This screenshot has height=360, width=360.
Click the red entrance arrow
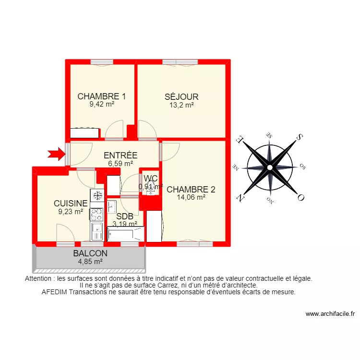pyautogui.click(x=56, y=154)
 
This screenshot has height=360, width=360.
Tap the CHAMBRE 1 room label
pyautogui.click(x=102, y=96)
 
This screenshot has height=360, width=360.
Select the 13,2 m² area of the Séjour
pyautogui.click(x=181, y=105)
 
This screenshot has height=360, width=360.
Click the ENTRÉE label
pyautogui.click(x=120, y=156)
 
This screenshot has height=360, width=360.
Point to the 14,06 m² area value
pyautogui.click(x=191, y=197)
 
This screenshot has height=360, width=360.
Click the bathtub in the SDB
pyautogui.click(x=126, y=234)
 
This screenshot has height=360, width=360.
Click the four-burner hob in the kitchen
pyautogui.click(x=97, y=214)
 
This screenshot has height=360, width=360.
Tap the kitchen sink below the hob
pyautogui.click(x=97, y=231)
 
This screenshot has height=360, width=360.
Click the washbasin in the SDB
pyautogui.click(x=112, y=207)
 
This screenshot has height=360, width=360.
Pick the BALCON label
pyautogui.click(x=90, y=253)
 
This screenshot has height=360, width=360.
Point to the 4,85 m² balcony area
pyautogui.click(x=90, y=262)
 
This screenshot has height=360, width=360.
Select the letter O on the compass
pyautogui.click(x=301, y=197)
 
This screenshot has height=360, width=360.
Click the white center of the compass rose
pyautogui.click(x=270, y=167)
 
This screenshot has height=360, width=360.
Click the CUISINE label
pyautogui.click(x=71, y=204)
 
